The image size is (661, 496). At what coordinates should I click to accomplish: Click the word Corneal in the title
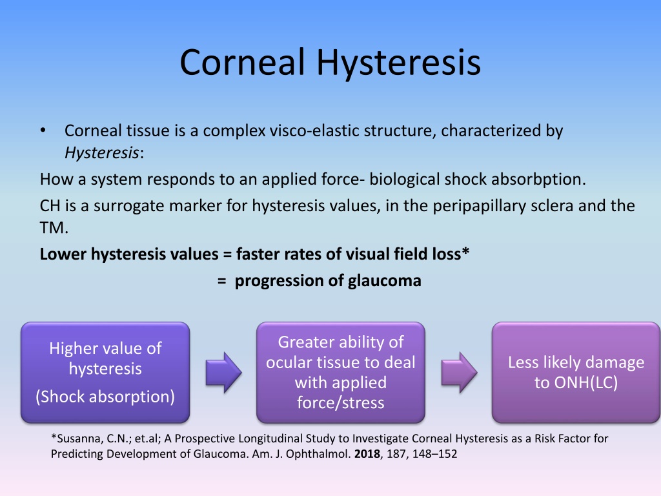242,62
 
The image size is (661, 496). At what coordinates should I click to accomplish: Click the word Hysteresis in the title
398,63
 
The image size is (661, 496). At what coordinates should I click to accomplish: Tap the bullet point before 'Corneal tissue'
43,130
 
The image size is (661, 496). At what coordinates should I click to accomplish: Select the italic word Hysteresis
101,152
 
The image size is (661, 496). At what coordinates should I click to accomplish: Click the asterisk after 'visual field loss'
465,251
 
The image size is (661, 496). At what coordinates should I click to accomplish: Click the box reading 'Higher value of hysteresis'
105,373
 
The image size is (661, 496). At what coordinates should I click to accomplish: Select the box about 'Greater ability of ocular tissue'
341,373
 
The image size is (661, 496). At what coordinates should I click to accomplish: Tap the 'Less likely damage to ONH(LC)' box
576,373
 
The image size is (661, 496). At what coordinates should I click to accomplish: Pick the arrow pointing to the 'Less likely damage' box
459,373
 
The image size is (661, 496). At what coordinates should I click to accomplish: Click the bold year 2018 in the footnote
367,454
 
